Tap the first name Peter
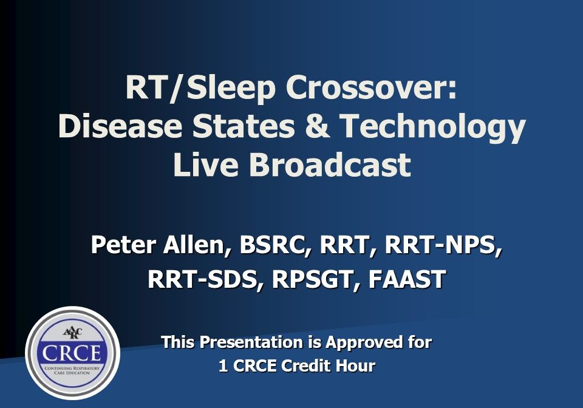tap(123, 246)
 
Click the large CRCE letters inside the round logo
tap(72, 353)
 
